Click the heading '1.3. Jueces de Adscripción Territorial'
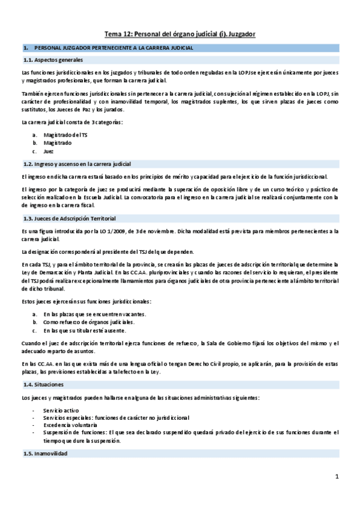point(69,218)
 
